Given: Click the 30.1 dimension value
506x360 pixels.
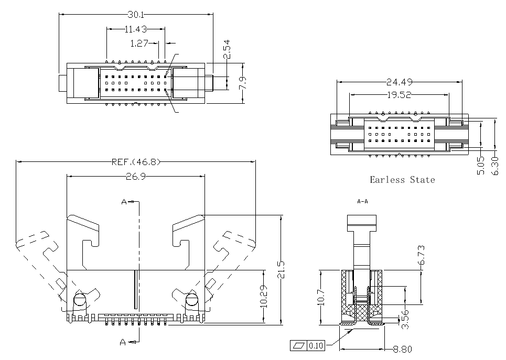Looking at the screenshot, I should click(136, 14).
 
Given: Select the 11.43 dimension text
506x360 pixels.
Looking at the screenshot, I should click(136, 29).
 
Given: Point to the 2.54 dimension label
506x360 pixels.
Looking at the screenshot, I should click(227, 49).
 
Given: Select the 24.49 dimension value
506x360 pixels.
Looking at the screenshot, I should click(400, 82).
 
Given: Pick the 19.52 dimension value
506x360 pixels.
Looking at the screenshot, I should click(400, 95).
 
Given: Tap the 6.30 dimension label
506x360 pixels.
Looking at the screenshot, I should click(494, 166).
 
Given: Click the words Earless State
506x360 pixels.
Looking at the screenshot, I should click(402, 180).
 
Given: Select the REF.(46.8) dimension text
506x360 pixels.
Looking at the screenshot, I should click(136, 162).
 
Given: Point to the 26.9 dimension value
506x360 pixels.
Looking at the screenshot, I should click(135, 177).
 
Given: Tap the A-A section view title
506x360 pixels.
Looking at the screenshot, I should click(362, 201).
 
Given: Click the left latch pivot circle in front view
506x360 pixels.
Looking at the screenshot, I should click(80, 300).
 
